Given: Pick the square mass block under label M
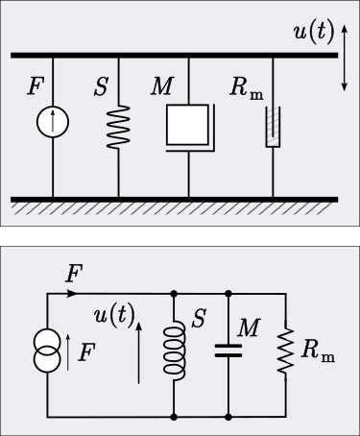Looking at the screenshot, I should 188,124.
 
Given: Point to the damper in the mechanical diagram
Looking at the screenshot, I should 274,127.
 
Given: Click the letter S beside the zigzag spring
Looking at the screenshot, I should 101,87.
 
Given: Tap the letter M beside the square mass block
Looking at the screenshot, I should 161,87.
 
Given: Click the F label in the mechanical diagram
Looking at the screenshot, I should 36,87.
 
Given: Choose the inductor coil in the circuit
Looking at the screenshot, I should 175,351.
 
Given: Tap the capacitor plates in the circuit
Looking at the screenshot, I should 228,351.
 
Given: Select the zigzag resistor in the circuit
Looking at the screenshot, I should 285,351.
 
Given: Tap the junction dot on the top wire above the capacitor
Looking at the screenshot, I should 228,293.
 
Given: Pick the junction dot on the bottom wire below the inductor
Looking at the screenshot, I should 175,417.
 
